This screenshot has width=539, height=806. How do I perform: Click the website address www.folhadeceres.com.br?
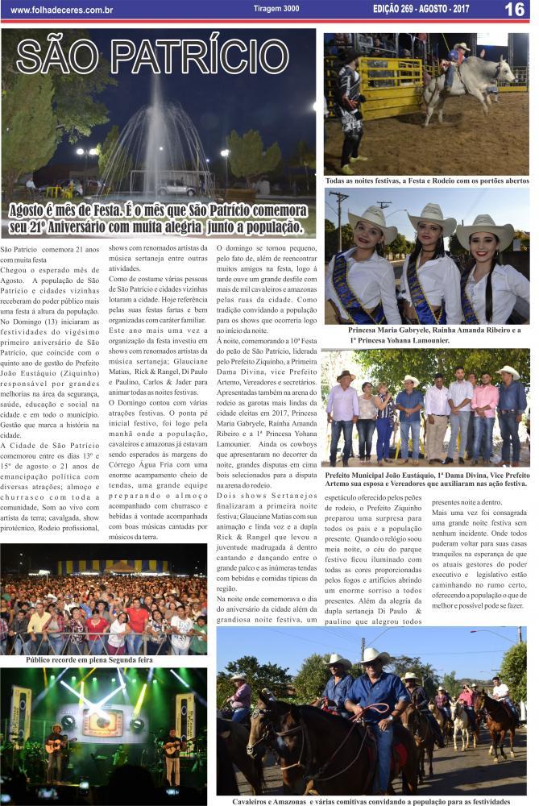coord(61,10)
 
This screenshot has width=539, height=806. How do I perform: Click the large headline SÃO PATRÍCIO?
coord(152,57)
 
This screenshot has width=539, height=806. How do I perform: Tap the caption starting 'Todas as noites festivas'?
coord(426,181)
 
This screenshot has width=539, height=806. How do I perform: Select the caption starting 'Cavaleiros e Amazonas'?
coord(371,801)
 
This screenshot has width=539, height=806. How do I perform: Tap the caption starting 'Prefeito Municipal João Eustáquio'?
coord(426,481)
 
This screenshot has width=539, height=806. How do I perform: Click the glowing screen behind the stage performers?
coord(102,720)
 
